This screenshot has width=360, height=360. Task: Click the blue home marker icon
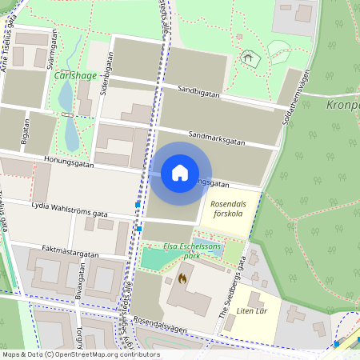click(x=180, y=173)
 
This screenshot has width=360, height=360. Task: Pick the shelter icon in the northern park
click(x=248, y=58)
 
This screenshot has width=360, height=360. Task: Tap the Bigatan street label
click(x=26, y=131)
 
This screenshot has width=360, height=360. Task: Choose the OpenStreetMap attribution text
click(x=81, y=354)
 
